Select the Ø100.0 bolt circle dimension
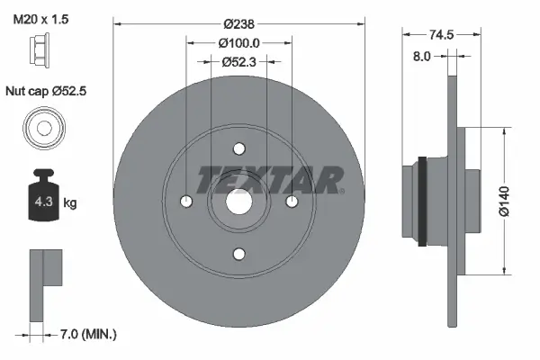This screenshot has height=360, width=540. [239, 42]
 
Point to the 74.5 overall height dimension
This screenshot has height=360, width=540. [441, 36]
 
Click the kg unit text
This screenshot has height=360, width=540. [70, 203]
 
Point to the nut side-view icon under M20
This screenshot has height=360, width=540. [42, 56]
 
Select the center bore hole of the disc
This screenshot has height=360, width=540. [238, 202]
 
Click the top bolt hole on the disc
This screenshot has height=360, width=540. [238, 149]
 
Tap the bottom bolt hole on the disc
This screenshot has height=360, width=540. [238, 255]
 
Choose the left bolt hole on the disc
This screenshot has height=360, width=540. [186, 202]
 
